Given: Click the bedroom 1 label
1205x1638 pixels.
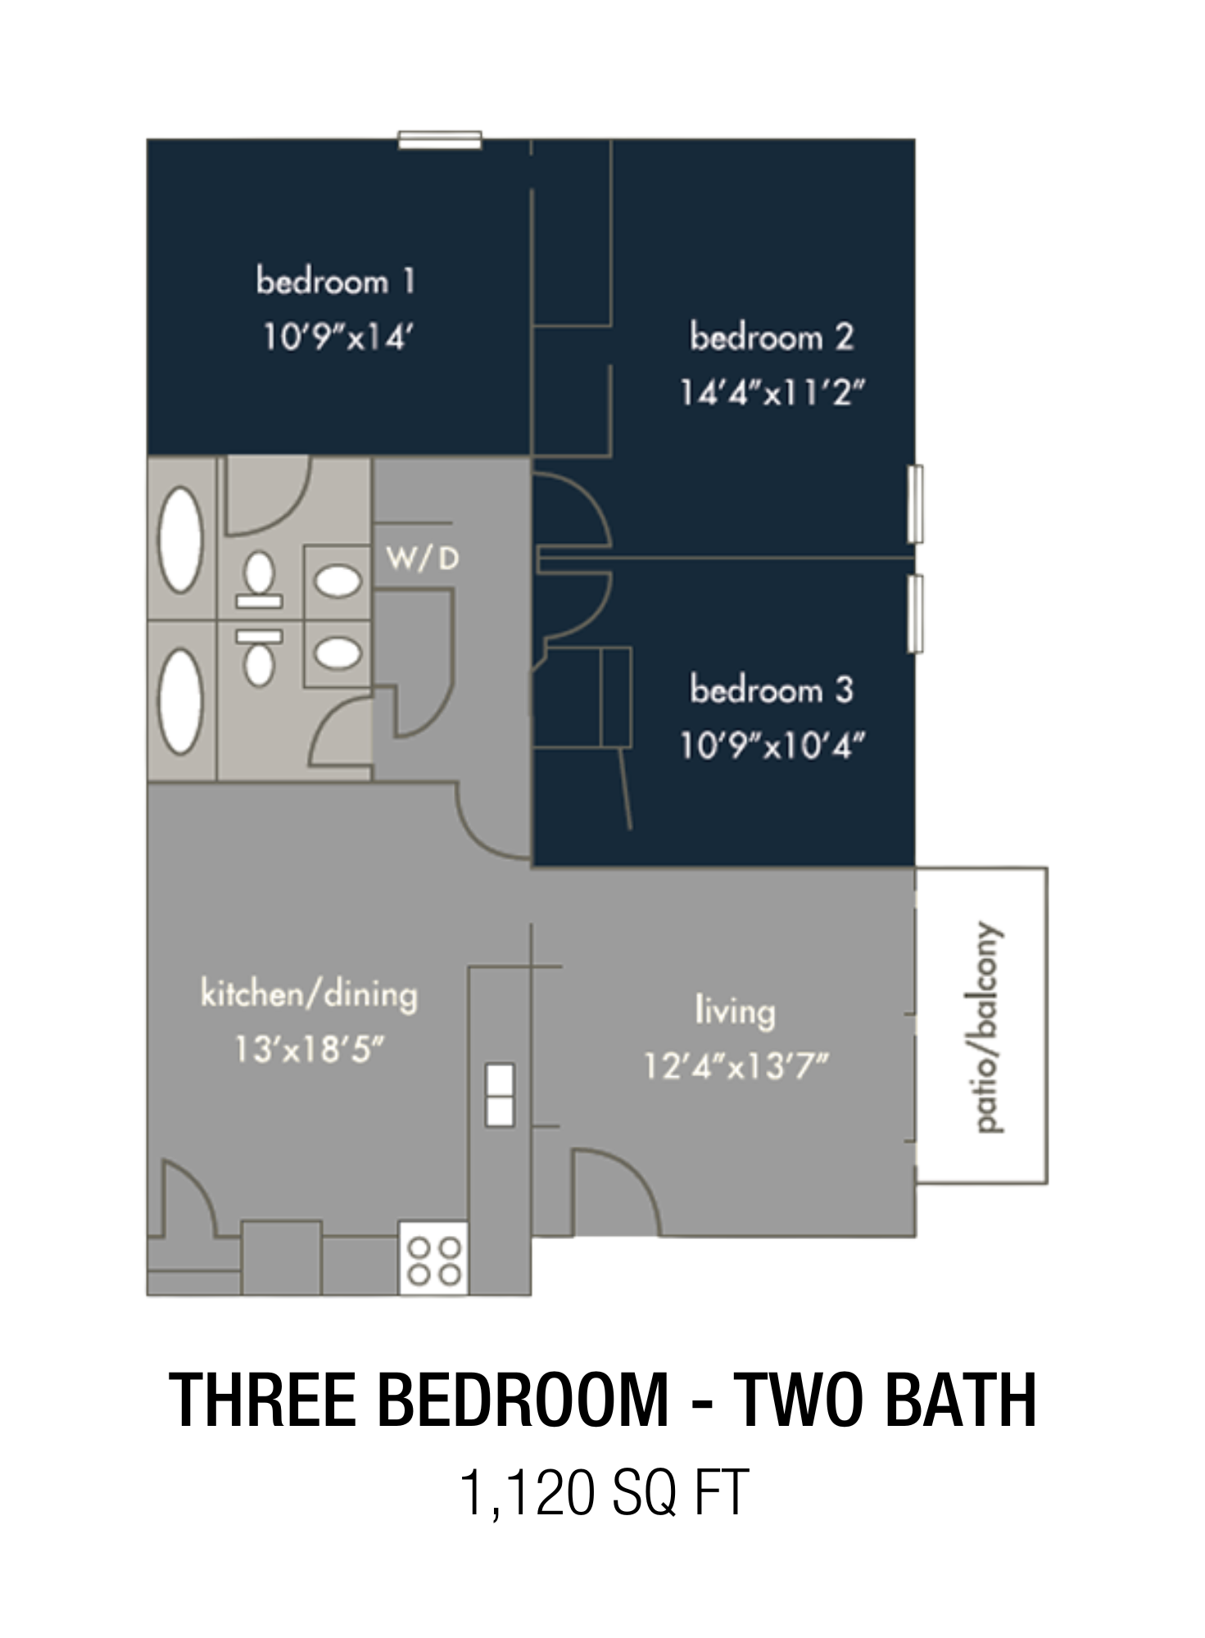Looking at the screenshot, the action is tap(336, 281).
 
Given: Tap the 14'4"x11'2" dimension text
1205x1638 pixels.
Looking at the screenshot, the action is tap(772, 392).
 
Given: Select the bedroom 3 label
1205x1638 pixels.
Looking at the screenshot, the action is tap(772, 690).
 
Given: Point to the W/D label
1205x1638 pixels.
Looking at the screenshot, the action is tap(423, 559).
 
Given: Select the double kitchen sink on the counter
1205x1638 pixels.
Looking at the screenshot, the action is tap(500, 1095).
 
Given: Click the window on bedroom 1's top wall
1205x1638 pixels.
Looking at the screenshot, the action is tap(440, 140).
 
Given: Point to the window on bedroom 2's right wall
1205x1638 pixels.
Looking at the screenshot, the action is tap(916, 504).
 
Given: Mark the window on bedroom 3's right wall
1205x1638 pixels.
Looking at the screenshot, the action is tap(916, 614).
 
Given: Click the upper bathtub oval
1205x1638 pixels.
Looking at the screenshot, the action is tap(181, 540).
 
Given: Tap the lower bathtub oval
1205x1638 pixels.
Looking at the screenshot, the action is tap(181, 701).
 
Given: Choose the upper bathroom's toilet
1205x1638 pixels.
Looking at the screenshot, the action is tap(260, 580).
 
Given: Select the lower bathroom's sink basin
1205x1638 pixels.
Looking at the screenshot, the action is tap(338, 653).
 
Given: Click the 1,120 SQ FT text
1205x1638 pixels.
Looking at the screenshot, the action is tap(604, 1492).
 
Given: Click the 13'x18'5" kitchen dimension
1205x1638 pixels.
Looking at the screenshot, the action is tap(309, 1049).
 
